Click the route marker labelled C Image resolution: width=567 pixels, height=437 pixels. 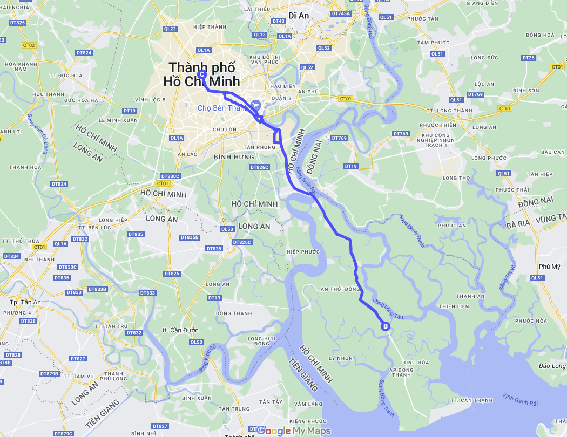tap(201, 74)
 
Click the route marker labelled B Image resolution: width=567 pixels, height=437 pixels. tap(386, 326)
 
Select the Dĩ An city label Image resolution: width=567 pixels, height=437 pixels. tap(299, 16)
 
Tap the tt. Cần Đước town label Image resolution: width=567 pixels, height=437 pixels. tap(180, 330)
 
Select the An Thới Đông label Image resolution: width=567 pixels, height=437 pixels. tap(340, 289)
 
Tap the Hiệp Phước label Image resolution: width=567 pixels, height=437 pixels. tap(300, 252)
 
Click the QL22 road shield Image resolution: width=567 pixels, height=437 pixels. tap(170, 29)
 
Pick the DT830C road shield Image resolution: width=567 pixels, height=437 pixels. tap(170, 176)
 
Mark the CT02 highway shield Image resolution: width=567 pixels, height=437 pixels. tap(29, 45)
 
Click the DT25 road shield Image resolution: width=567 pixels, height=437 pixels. tap(528, 58)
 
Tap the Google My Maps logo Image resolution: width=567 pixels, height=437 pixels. tap(293, 431)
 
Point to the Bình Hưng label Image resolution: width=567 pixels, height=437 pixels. tap(234, 157)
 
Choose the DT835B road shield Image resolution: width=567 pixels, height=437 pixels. tap(190, 237)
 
